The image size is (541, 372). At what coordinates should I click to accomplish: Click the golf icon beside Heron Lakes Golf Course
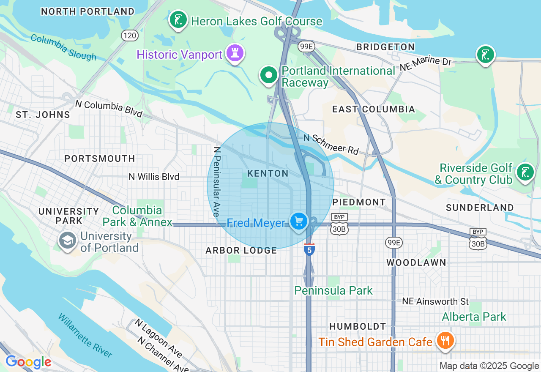click(178, 19)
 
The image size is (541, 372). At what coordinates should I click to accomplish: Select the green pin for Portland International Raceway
click(268, 75)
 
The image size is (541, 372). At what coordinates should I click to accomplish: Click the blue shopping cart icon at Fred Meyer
click(299, 221)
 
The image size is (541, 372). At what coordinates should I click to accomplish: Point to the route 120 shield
click(129, 36)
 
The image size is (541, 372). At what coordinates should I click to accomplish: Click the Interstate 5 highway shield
click(309, 249)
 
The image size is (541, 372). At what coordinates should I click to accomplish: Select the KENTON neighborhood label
click(268, 174)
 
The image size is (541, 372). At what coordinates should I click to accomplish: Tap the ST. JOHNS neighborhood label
click(43, 115)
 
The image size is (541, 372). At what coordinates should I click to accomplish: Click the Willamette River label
click(85, 335)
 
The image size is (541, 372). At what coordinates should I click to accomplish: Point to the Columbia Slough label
click(63, 47)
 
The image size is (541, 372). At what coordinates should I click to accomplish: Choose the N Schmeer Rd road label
click(331, 144)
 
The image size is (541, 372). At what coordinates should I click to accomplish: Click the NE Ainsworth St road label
click(435, 301)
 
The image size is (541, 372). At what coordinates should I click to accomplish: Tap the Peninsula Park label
click(333, 291)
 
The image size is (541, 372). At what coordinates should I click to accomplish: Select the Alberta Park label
click(474, 317)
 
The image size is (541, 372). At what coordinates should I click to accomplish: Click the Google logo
click(28, 362)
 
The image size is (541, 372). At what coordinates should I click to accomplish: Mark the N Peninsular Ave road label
click(217, 182)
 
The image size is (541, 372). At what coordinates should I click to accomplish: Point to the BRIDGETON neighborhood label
click(385, 47)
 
